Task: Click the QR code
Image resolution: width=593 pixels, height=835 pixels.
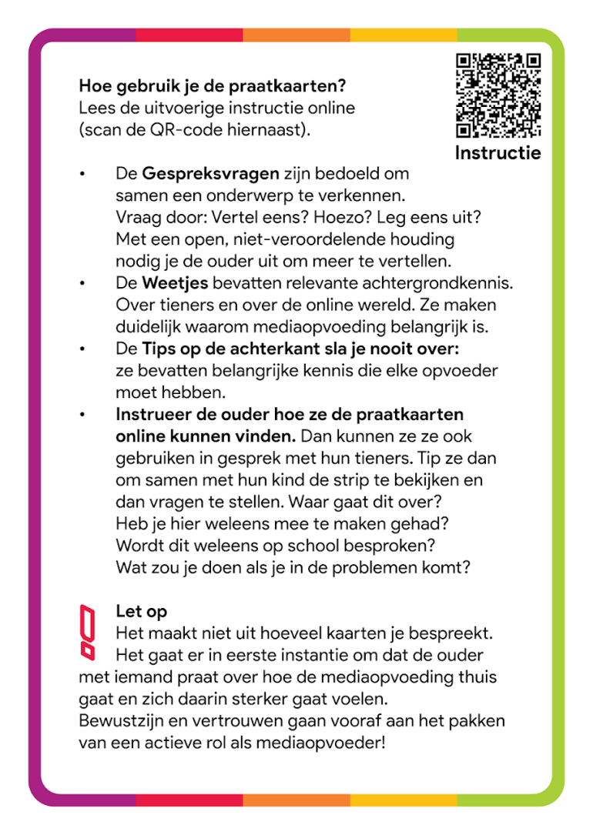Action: pyautogui.click(x=498, y=95)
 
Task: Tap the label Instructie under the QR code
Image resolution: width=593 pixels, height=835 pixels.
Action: pyautogui.click(x=498, y=152)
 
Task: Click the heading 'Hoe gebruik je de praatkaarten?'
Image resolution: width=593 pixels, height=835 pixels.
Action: pyautogui.click(x=212, y=85)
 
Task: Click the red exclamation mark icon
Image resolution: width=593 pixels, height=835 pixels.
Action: pyautogui.click(x=89, y=631)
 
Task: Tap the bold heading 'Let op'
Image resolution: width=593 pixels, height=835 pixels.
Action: pyautogui.click(x=141, y=612)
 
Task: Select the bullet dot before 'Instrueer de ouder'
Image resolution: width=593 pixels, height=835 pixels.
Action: pyautogui.click(x=82, y=415)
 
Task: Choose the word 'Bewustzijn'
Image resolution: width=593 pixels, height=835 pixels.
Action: pyautogui.click(x=117, y=723)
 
